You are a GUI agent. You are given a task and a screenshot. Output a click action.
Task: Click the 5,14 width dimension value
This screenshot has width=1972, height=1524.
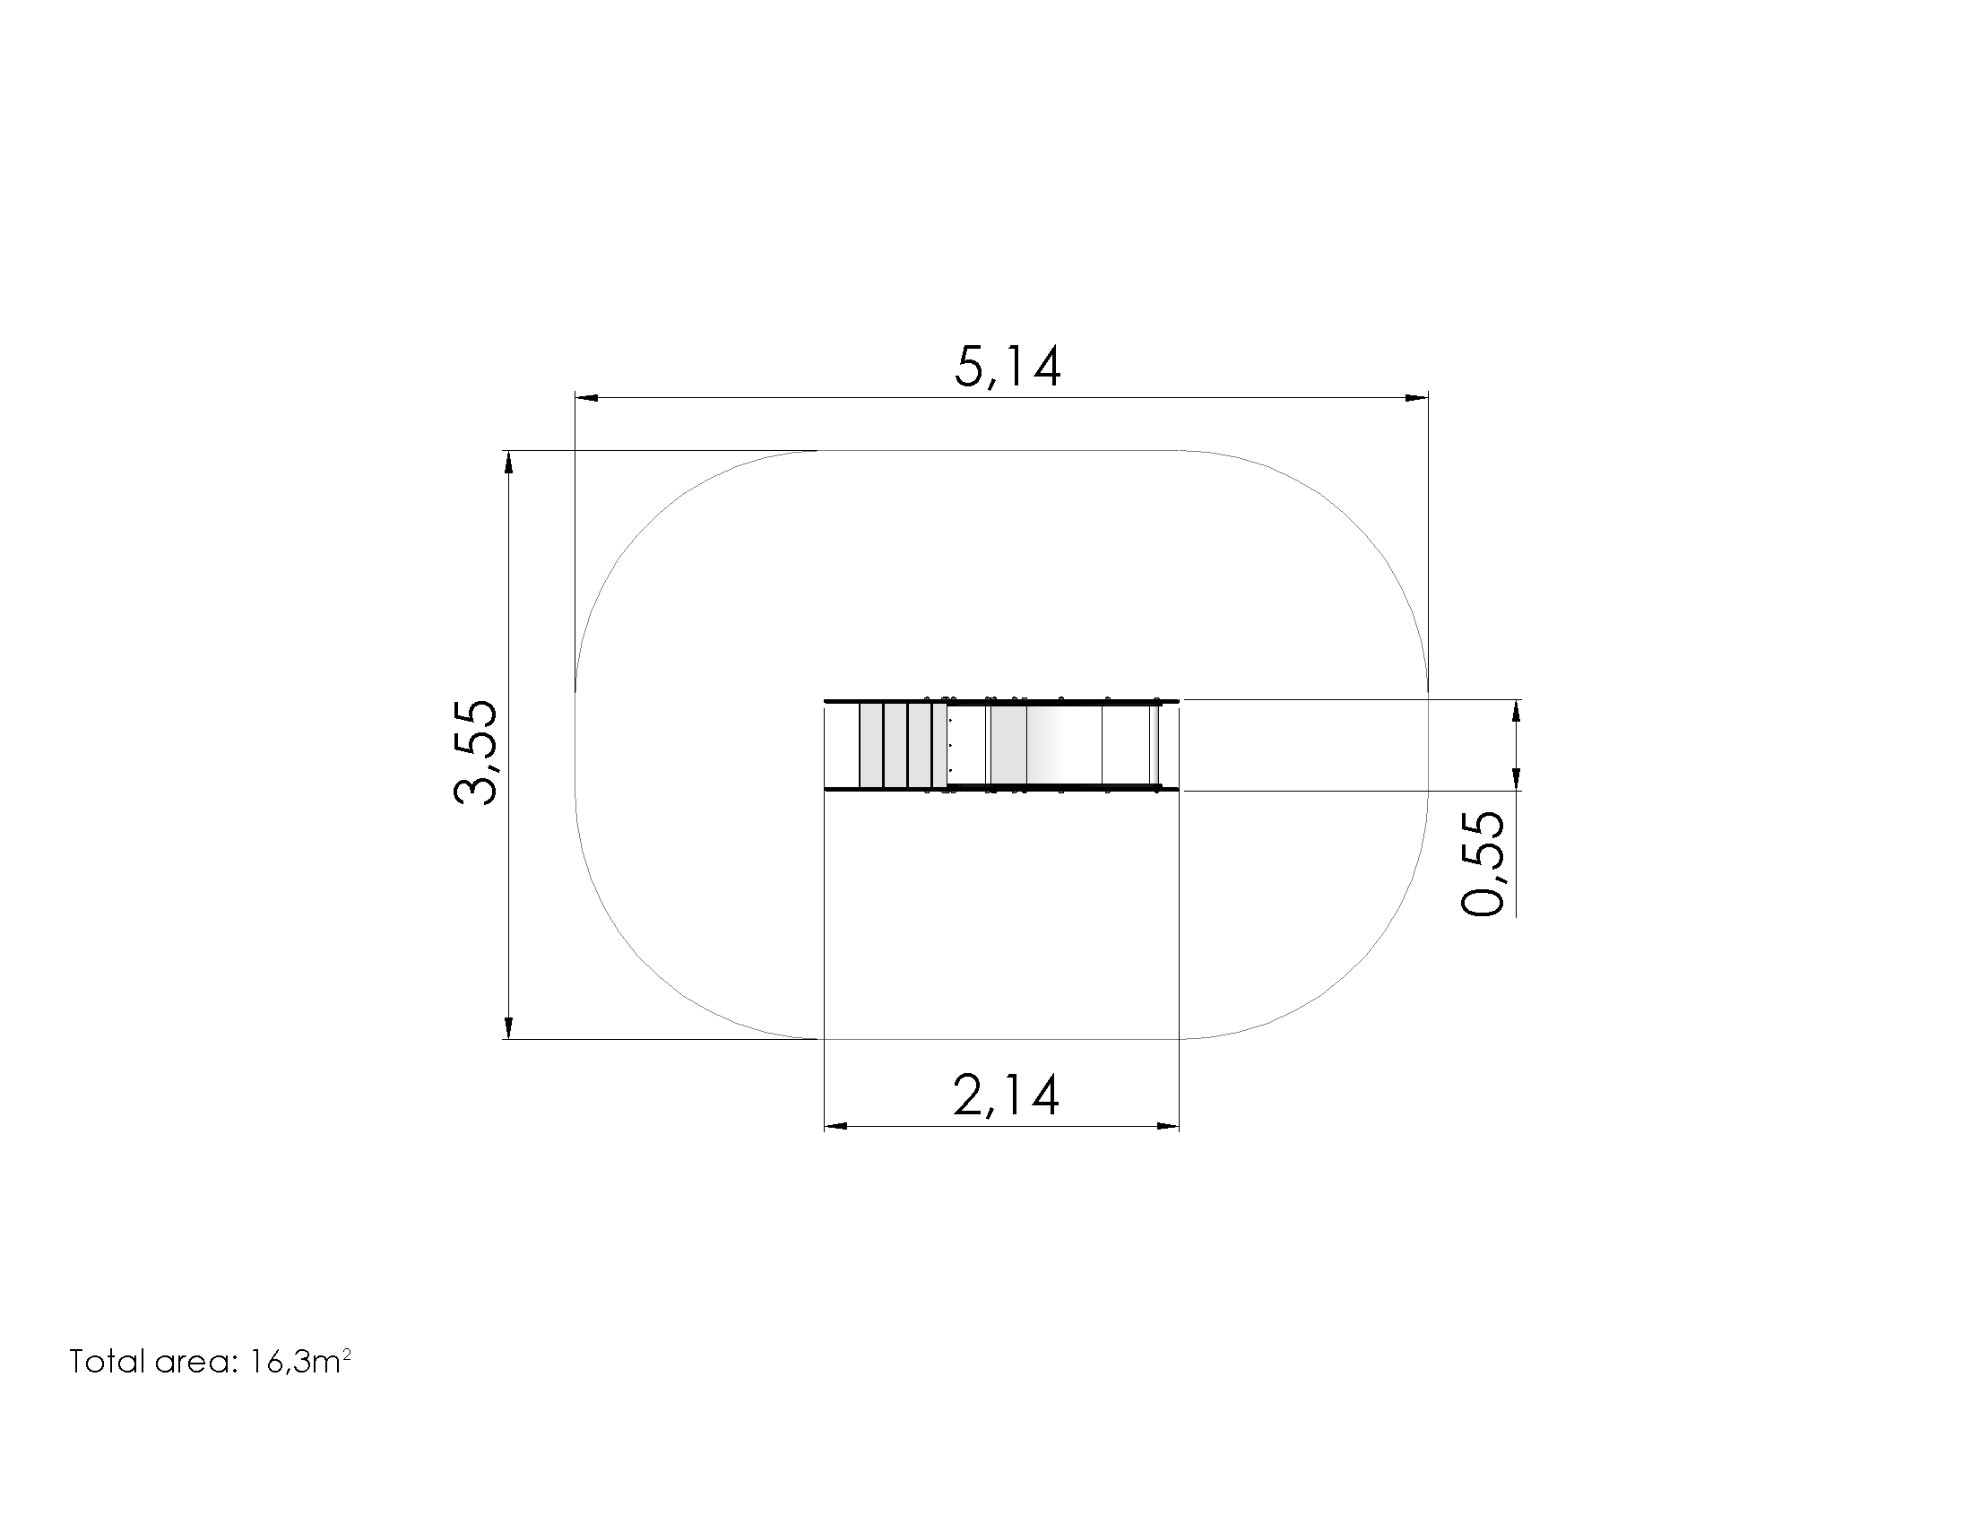(1008, 368)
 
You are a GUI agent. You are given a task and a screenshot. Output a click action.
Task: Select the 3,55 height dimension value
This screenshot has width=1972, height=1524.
(475, 752)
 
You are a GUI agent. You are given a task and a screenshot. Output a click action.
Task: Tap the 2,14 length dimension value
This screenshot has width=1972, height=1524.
(1006, 1096)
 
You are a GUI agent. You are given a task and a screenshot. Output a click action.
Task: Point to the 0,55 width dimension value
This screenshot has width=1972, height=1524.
(1483, 864)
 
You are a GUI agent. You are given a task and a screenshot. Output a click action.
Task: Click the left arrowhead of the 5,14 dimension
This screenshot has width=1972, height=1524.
(586, 397)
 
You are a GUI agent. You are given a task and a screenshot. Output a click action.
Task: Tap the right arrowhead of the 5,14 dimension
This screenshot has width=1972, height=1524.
(1416, 397)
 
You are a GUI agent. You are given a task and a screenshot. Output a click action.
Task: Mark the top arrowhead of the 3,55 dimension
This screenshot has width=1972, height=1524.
(508, 462)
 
